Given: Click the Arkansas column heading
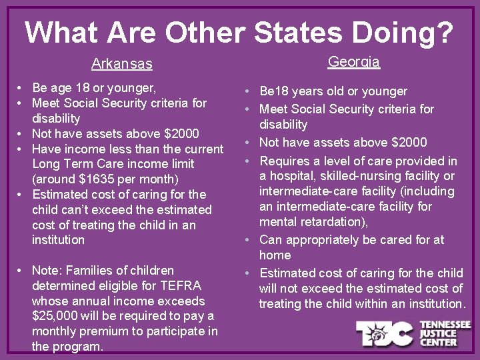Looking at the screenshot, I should [x=121, y=65].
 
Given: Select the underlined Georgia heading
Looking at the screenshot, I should [x=353, y=62].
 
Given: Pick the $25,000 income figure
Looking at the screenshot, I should [x=57, y=316].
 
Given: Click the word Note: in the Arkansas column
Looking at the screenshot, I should [x=47, y=271].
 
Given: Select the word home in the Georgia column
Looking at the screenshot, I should [x=275, y=255].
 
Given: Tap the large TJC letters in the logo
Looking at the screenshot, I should [x=385, y=333].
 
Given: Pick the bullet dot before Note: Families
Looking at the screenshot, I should [x=22, y=271].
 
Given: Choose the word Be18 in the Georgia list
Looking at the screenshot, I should [x=276, y=91].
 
